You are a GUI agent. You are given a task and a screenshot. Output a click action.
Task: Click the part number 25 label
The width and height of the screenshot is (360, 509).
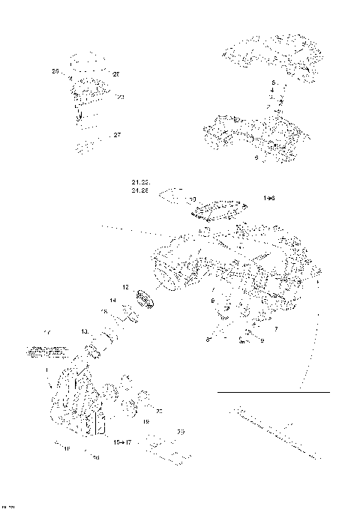coord(55,71)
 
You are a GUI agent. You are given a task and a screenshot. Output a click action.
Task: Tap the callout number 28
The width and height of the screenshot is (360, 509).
coord(116,73)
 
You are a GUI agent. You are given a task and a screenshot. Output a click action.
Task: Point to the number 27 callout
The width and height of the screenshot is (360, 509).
coord(116,136)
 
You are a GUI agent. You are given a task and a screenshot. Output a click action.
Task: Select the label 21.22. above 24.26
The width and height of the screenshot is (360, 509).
coord(140,183)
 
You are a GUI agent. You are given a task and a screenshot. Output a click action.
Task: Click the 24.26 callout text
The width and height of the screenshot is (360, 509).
coord(140,193)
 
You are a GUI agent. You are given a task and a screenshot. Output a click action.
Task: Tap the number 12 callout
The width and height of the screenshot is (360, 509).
coord(126,287)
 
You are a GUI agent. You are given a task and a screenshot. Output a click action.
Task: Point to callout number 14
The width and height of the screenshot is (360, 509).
coord(112,301)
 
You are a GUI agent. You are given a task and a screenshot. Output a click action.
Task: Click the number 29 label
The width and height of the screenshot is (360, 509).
coord(180,433)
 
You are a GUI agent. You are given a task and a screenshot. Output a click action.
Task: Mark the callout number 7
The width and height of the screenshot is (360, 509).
coord(276,329)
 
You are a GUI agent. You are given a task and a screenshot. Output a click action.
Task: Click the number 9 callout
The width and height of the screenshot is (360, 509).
coord(261,341)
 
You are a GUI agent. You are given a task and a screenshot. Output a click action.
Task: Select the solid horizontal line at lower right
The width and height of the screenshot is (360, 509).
coord(273,392)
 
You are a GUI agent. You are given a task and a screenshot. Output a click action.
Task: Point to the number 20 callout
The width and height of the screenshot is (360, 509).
coord(159,411)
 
